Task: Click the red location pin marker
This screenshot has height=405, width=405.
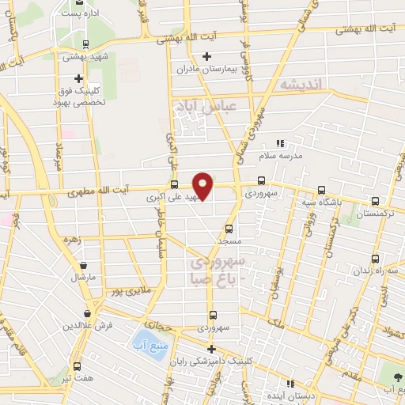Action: pyautogui.click(x=203, y=184)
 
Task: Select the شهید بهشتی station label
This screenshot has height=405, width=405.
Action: pyautogui.click(x=85, y=57)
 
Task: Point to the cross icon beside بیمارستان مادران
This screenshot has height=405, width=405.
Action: pyautogui.click(x=207, y=55)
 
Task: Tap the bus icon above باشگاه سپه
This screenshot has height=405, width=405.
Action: pyautogui.click(x=320, y=190)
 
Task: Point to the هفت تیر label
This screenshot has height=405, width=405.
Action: pyautogui.click(x=77, y=378)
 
